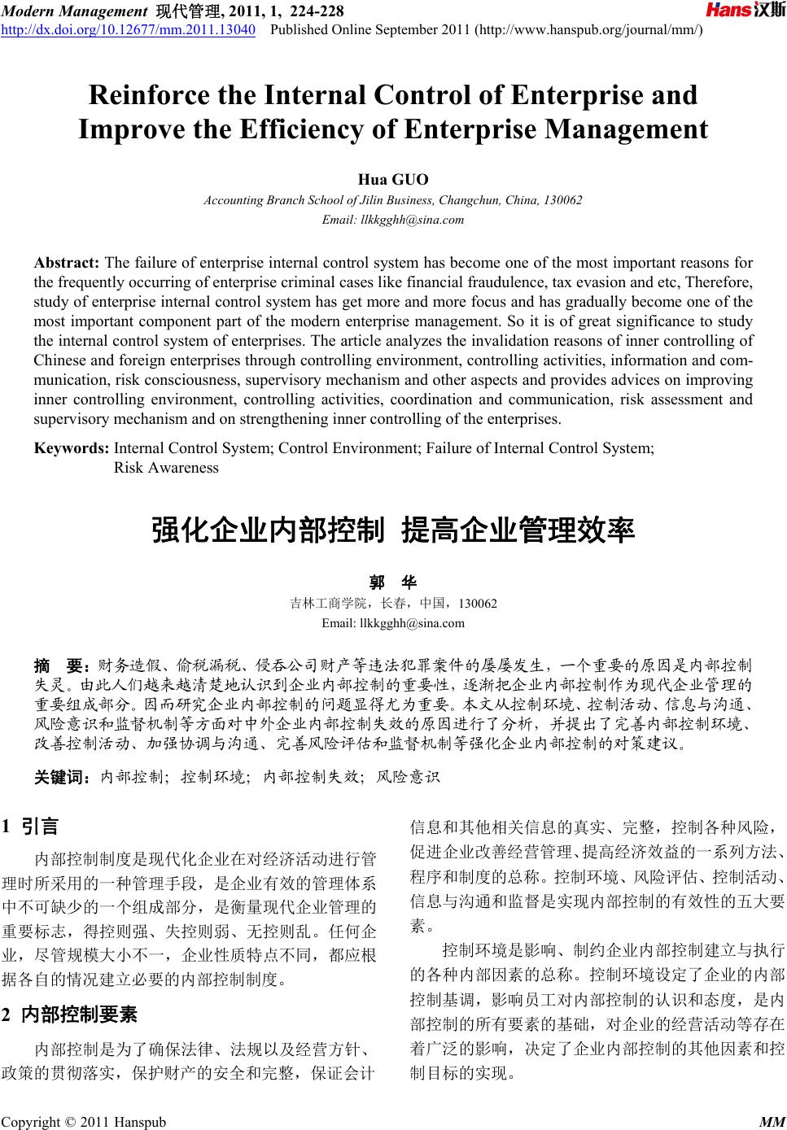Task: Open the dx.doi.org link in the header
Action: (x=129, y=30)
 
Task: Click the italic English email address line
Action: (x=393, y=220)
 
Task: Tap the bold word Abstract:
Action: (x=67, y=263)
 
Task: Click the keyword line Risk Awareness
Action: (x=166, y=468)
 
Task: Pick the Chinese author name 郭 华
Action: (x=393, y=582)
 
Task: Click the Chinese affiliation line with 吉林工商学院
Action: (x=393, y=604)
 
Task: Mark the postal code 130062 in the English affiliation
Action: (x=563, y=200)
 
